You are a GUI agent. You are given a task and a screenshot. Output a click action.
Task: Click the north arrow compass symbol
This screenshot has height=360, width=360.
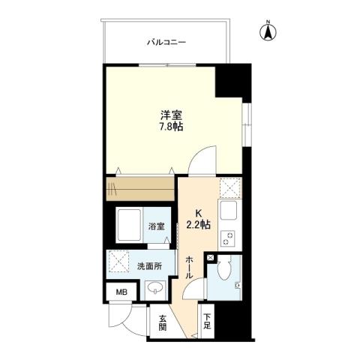pos(266,32)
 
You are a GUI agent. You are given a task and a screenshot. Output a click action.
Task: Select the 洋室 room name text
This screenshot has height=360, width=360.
pos(170,115)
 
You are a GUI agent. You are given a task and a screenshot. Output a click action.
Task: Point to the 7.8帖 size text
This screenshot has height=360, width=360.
pos(170,127)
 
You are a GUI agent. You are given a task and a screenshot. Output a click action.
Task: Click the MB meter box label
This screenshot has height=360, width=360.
pos(120,292)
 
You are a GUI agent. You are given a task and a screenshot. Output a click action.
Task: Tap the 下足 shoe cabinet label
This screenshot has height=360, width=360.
pos(208,322)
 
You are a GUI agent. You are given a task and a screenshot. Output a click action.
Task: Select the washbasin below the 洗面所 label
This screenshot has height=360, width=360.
pos(156,288)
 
